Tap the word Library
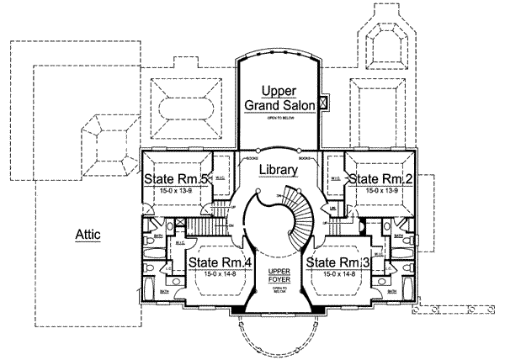point(279,170)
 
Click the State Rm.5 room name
point(175,179)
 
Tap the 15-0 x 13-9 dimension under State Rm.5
point(175,192)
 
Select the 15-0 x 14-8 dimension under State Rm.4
point(218,275)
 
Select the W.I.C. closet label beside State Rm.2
point(334,178)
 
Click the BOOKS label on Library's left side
point(251,158)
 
